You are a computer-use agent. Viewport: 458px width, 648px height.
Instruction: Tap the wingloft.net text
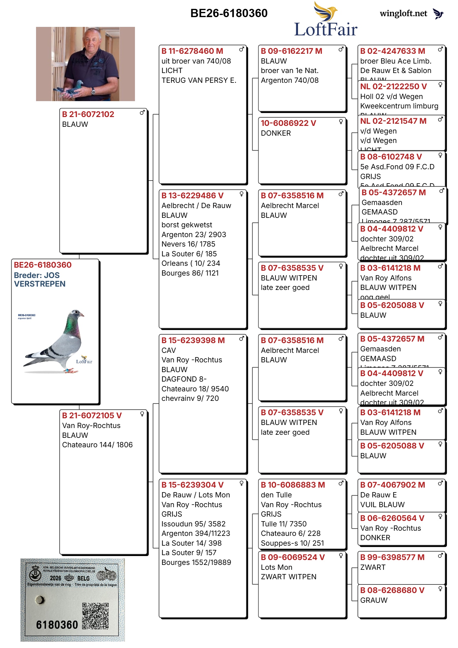(403, 13)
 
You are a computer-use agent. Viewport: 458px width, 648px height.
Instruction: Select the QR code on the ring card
(95, 616)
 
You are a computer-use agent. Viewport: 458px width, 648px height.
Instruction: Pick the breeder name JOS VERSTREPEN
(40, 280)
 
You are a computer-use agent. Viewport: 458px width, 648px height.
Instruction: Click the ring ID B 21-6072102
(88, 114)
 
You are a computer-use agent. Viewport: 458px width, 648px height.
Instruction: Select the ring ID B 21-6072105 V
(92, 416)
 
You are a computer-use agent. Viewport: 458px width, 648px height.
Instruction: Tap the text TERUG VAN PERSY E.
(199, 80)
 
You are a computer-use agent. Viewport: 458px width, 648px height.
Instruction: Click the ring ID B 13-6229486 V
(192, 196)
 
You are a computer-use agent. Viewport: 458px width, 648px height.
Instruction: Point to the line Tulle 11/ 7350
(284, 524)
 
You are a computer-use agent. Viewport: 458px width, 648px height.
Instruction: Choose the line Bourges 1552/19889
(196, 562)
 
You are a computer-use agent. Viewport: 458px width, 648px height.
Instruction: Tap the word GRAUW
(374, 600)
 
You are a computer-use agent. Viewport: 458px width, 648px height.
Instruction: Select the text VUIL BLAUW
(382, 505)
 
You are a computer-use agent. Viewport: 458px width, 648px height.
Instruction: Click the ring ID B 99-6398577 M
(392, 557)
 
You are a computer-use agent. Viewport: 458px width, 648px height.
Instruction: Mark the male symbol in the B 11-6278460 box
(242, 49)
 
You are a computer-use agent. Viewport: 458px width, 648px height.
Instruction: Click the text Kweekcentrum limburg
(399, 106)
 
